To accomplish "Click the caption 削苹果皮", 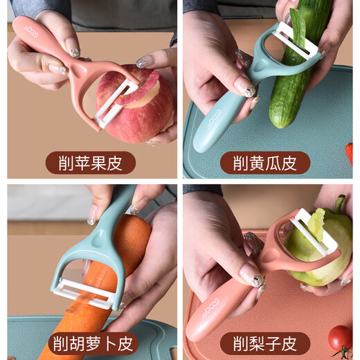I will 91,163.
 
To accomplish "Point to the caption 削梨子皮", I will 265,343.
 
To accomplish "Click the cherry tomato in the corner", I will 339,337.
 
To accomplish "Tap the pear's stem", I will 339,204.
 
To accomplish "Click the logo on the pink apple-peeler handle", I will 30,30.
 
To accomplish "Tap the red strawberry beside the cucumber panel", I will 350,153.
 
